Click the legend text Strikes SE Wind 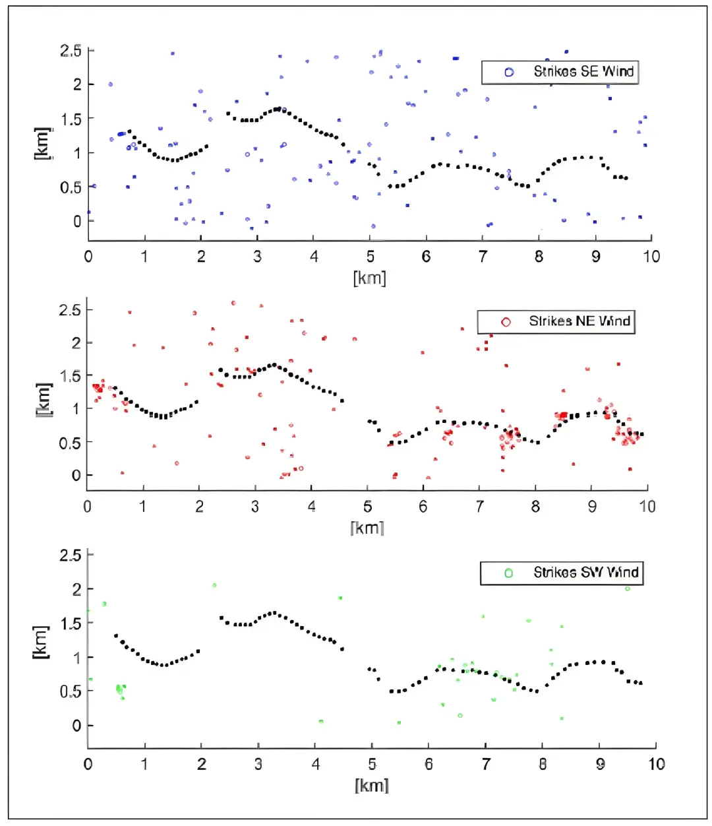[x=583, y=72]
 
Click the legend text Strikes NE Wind [x=579, y=321]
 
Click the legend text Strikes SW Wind [x=585, y=572]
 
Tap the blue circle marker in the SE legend [x=509, y=72]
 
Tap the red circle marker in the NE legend [x=506, y=322]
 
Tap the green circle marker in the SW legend [x=508, y=573]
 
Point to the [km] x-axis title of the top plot [x=369, y=277]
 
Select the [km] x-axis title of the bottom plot [x=372, y=785]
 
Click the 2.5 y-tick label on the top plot [x=71, y=51]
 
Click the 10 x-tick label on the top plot [x=651, y=257]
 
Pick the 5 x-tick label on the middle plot [x=367, y=507]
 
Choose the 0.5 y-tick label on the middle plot [x=70, y=443]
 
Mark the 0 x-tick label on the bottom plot [x=88, y=764]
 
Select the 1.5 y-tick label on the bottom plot [x=71, y=623]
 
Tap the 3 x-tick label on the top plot [x=257, y=257]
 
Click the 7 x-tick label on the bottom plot [x=486, y=764]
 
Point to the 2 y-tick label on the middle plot [x=76, y=342]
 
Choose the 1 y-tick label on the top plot [x=77, y=153]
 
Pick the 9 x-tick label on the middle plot [x=592, y=507]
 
